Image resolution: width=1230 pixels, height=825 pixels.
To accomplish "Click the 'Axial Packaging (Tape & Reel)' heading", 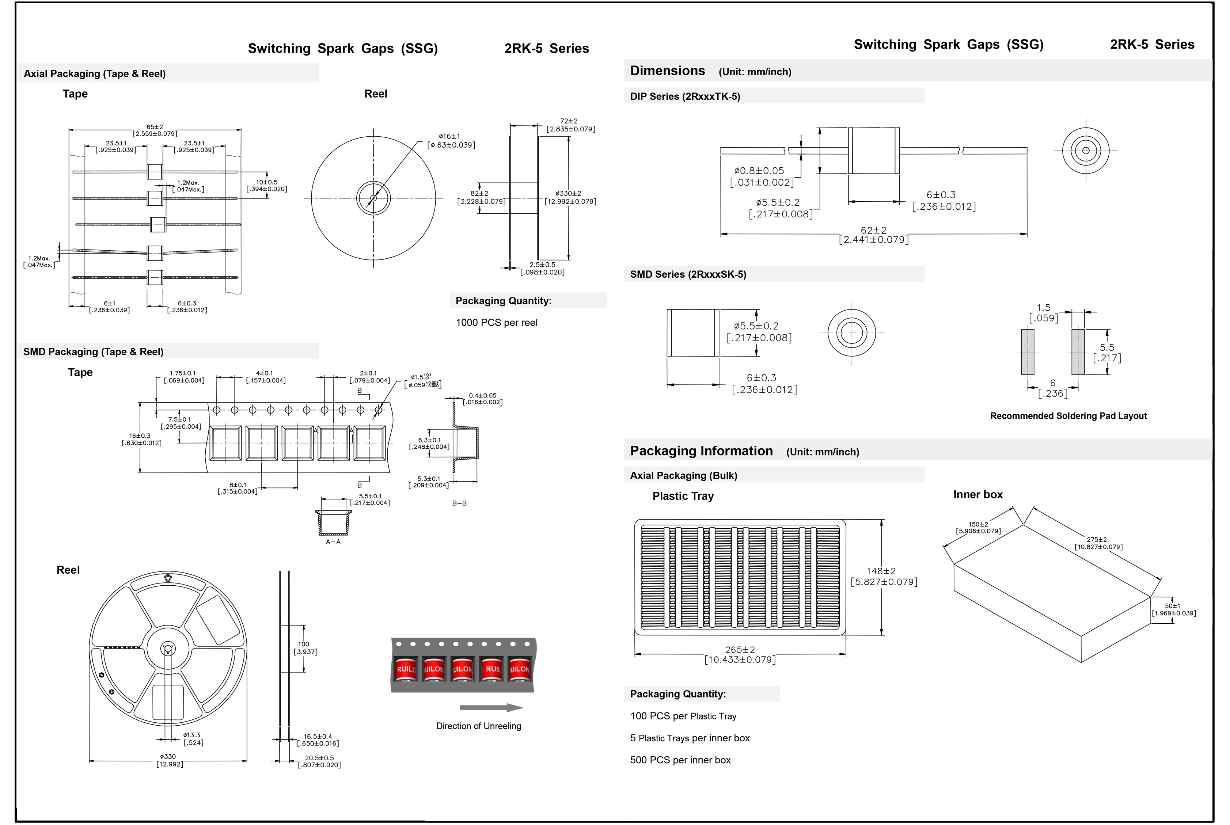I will tap(95, 74).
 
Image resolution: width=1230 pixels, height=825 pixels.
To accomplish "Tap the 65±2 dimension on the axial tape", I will tap(155, 130).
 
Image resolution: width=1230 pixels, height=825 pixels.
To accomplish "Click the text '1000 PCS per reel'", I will tap(497, 323).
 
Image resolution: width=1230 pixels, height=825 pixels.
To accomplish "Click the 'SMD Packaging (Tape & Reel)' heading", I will tap(93, 351).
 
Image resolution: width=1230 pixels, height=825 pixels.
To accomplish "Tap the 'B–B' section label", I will tap(459, 503).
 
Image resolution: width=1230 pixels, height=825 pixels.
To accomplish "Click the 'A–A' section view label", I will tap(333, 541).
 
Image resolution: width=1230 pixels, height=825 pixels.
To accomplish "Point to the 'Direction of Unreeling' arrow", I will tap(490, 708).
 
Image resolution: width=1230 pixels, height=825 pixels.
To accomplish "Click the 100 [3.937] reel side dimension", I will tap(305, 648).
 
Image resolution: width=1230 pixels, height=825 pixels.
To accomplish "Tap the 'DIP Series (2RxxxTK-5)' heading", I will tap(685, 96).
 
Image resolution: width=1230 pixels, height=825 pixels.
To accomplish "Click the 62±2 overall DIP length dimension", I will tap(873, 235).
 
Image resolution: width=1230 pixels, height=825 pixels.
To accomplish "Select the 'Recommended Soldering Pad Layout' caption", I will tap(1068, 416).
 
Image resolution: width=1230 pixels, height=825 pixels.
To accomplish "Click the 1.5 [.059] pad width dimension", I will tap(1043, 312).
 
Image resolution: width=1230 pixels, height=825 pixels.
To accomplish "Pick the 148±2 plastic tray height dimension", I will tap(883, 576).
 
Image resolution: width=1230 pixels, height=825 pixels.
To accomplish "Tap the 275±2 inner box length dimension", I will tap(1097, 543).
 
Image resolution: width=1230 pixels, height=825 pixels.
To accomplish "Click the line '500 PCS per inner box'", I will tap(680, 760).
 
